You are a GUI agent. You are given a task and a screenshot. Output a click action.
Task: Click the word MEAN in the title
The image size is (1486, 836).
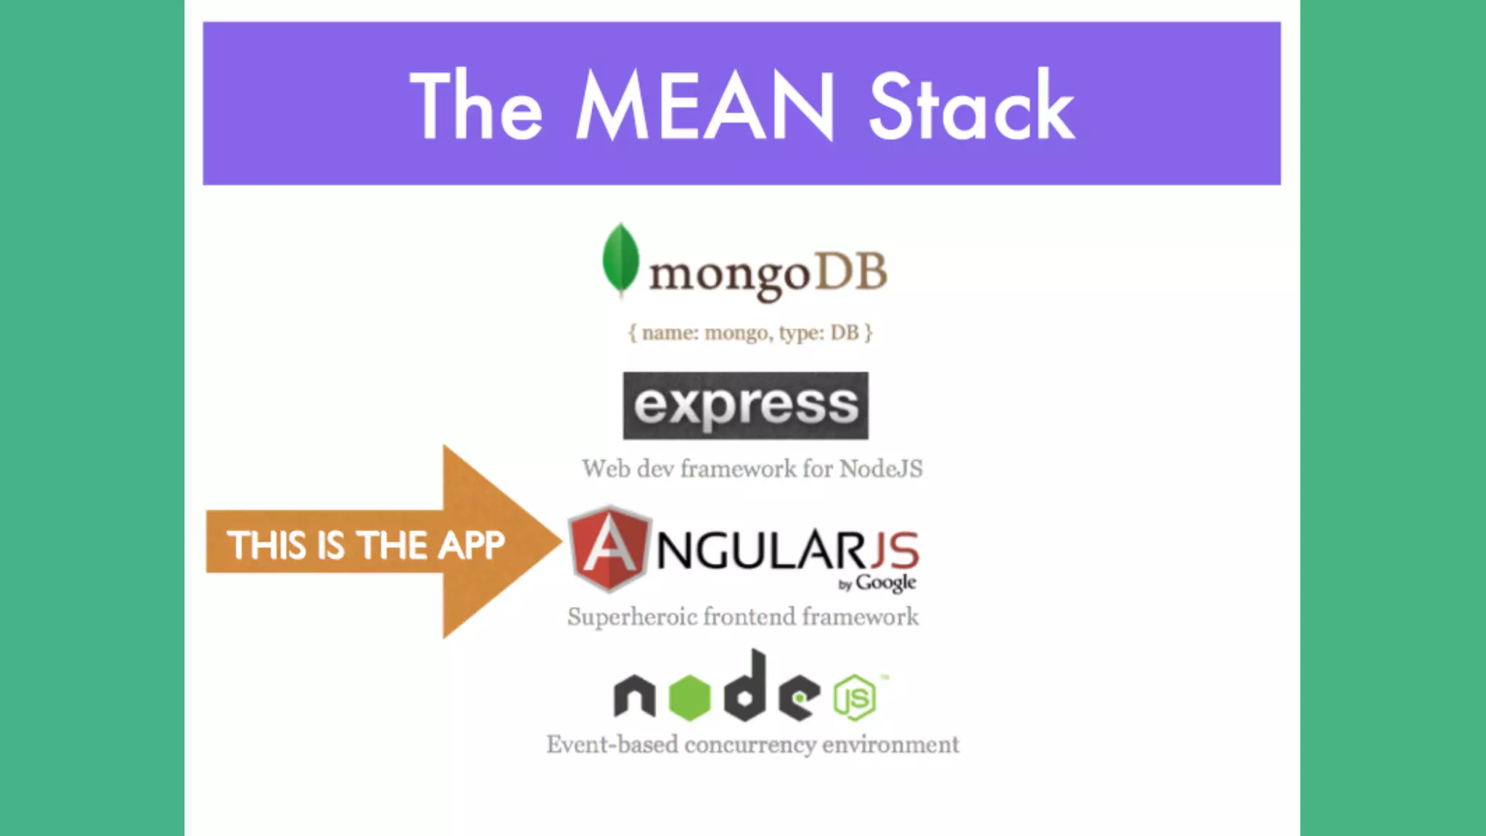click(x=705, y=106)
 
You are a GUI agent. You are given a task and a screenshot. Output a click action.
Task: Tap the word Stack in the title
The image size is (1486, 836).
click(x=971, y=106)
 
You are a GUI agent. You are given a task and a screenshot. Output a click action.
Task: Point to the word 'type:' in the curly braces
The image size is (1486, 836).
click(x=802, y=333)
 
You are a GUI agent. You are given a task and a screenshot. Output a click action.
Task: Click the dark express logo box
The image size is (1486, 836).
click(x=745, y=406)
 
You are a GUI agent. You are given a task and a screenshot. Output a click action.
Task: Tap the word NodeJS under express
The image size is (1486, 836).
click(x=881, y=469)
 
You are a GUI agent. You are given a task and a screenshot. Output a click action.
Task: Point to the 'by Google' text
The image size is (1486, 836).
click(x=877, y=583)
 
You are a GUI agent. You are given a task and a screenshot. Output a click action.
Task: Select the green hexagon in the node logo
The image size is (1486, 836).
click(x=689, y=697)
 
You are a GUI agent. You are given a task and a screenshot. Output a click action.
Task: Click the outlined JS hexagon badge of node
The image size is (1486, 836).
click(x=855, y=698)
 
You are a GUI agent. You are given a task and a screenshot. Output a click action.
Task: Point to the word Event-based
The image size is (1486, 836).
click(x=612, y=745)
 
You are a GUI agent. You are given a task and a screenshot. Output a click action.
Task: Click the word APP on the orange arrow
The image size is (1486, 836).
click(x=471, y=545)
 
